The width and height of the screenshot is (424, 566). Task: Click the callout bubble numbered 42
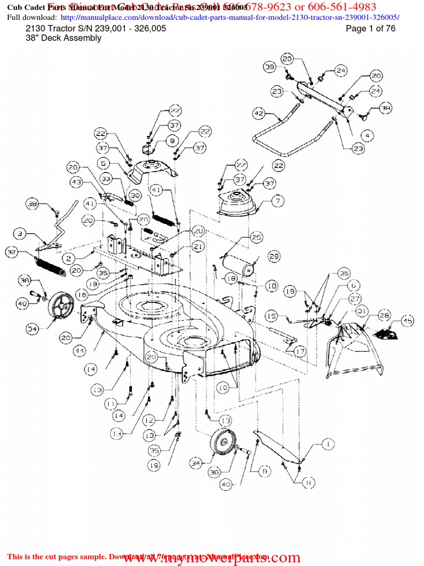[258, 113]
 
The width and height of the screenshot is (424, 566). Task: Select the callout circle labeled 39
[269, 67]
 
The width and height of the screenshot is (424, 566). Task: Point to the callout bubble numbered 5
[103, 163]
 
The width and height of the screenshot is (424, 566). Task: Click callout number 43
[76, 182]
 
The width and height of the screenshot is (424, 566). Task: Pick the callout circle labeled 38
[32, 204]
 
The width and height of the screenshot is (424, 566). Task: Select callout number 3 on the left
[20, 234]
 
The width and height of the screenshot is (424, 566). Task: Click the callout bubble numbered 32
[12, 252]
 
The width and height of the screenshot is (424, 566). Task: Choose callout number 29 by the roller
[274, 256]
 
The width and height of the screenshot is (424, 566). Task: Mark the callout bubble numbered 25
[256, 237]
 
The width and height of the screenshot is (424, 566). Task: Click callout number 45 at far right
[408, 321]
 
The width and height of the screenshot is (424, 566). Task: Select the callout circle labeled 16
[81, 296]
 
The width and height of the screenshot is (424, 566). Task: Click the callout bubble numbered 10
[223, 389]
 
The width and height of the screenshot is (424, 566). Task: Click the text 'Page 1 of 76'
[370, 29]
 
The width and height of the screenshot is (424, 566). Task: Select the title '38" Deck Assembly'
[63, 38]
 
